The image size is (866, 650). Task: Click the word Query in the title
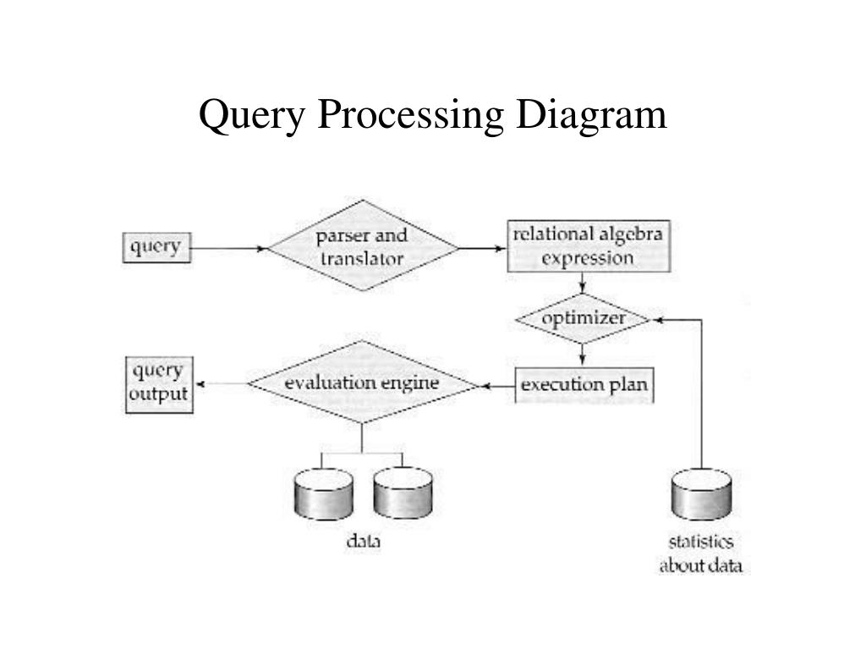(x=251, y=115)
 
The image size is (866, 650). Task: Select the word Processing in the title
(x=410, y=115)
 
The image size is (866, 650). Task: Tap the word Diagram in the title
(x=591, y=115)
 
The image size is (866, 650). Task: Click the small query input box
(x=156, y=247)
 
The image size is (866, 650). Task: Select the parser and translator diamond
(x=362, y=245)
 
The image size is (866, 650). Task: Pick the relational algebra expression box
(x=589, y=246)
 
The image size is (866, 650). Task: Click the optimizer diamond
(x=583, y=319)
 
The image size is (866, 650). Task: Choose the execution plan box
(x=584, y=385)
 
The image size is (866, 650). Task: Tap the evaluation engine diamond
(x=362, y=383)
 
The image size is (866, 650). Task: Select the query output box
(x=159, y=385)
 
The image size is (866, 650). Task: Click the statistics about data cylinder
(x=701, y=494)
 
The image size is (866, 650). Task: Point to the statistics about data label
(x=701, y=554)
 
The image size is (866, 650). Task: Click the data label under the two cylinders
(x=364, y=540)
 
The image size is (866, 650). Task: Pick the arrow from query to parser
(x=228, y=248)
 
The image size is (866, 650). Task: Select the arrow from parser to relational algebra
(x=482, y=248)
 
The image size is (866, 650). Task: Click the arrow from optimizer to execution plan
(x=583, y=355)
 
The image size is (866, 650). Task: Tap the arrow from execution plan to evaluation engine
(x=497, y=386)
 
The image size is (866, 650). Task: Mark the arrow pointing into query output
(x=222, y=384)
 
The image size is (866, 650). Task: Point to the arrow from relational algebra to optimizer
(x=583, y=283)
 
